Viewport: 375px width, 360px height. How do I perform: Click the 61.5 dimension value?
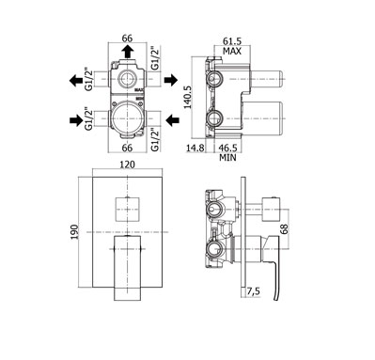click(232, 41)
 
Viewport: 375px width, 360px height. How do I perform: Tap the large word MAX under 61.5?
click(232, 51)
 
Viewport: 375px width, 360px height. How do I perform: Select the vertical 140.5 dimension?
click(188, 97)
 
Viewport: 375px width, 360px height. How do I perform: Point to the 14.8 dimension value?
click(195, 148)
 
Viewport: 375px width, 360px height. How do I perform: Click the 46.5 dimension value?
click(227, 148)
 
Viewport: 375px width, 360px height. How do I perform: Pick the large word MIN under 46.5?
click(227, 157)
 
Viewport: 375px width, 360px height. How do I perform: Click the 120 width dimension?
click(128, 164)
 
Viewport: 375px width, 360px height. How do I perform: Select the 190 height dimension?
click(74, 232)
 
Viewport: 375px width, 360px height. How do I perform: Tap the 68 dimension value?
click(285, 229)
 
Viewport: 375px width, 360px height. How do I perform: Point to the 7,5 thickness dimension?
click(253, 291)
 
